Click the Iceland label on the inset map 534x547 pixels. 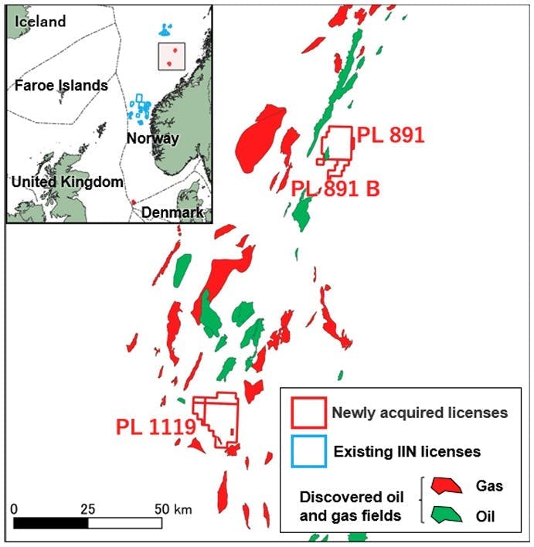click(38, 22)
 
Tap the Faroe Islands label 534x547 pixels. click(61, 86)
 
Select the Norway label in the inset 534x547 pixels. click(151, 139)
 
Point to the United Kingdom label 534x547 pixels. click(67, 182)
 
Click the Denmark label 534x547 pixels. click(177, 212)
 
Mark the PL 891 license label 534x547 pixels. click(390, 136)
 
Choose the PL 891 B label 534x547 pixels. click(335, 188)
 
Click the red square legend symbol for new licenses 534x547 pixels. click(308, 412)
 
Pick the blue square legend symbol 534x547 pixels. click(308, 450)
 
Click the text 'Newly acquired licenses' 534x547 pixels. click(420, 412)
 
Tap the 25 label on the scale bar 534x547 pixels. click(87, 510)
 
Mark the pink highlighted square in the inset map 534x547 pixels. click(172, 56)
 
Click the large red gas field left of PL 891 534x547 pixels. click(258, 140)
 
